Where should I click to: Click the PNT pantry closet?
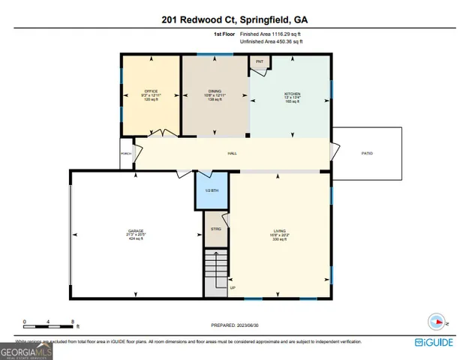pyautogui.click(x=260, y=62)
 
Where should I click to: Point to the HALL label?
pyautogui.click(x=233, y=153)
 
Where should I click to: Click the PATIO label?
pyautogui.click(x=367, y=153)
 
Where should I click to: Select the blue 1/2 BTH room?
pyautogui.click(x=212, y=190)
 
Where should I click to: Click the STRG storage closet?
pyautogui.click(x=216, y=232)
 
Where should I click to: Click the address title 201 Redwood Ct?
pyautogui.click(x=236, y=20)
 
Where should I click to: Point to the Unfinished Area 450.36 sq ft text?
pyautogui.click(x=272, y=42)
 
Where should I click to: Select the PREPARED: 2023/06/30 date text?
pyautogui.click(x=236, y=325)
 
